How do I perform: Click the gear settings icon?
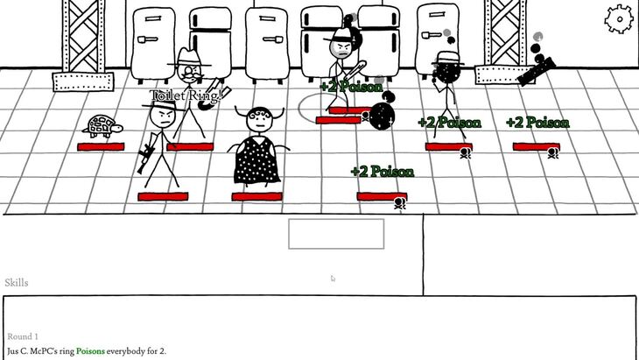click(619, 18)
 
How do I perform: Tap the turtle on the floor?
click(102, 126)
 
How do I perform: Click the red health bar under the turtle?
click(101, 147)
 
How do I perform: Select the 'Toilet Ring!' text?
click(186, 95)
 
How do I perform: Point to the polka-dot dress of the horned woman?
click(256, 160)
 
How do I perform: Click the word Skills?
click(17, 283)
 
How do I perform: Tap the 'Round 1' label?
click(23, 336)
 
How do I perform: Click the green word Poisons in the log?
click(90, 351)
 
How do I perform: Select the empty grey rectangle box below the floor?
click(336, 234)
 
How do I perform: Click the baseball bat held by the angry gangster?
click(355, 70)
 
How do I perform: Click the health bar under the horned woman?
click(256, 197)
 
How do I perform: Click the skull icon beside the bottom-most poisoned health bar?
click(400, 203)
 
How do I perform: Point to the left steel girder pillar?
click(83, 45)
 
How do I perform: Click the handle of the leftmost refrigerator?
click(148, 39)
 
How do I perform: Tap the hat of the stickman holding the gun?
click(162, 106)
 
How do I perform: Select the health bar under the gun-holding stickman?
click(163, 197)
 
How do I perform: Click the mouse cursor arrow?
click(333, 279)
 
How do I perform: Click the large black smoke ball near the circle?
click(382, 116)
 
